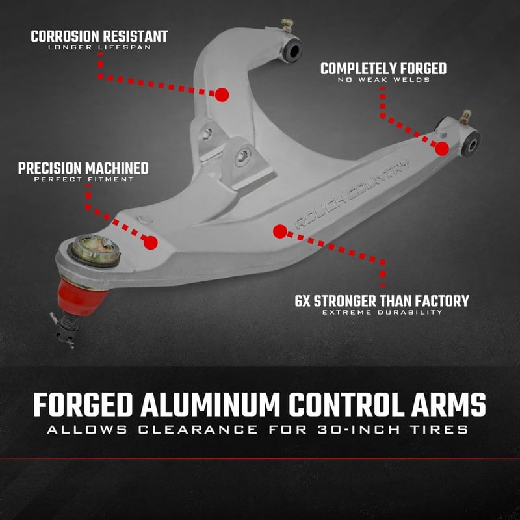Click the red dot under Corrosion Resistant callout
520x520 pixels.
pyautogui.click(x=222, y=94)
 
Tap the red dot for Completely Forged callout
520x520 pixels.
pyautogui.click(x=442, y=148)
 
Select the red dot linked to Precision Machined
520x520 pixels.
pyautogui.click(x=151, y=243)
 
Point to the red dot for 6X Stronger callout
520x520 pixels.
pyautogui.click(x=279, y=231)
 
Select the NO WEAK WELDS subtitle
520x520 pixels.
pyautogui.click(x=383, y=80)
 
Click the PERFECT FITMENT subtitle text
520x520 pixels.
pyautogui.click(x=83, y=179)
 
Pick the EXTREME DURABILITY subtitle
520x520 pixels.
pyautogui.click(x=382, y=313)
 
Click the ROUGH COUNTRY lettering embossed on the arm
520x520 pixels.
pyautogui.click(x=352, y=192)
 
